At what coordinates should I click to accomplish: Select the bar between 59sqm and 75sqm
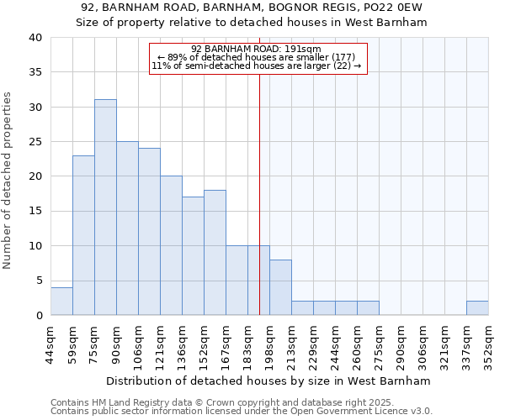click(83, 235)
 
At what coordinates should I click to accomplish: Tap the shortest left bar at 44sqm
click(61, 301)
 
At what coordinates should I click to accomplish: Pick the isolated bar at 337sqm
click(477, 307)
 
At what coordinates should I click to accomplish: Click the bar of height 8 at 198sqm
click(280, 287)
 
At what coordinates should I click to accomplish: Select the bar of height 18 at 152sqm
click(215, 252)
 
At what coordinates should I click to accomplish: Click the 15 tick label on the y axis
click(35, 211)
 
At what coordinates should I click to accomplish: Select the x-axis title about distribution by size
click(268, 381)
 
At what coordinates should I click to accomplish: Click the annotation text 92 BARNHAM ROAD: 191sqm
click(256, 49)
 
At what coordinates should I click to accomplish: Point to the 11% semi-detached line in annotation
click(256, 66)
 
